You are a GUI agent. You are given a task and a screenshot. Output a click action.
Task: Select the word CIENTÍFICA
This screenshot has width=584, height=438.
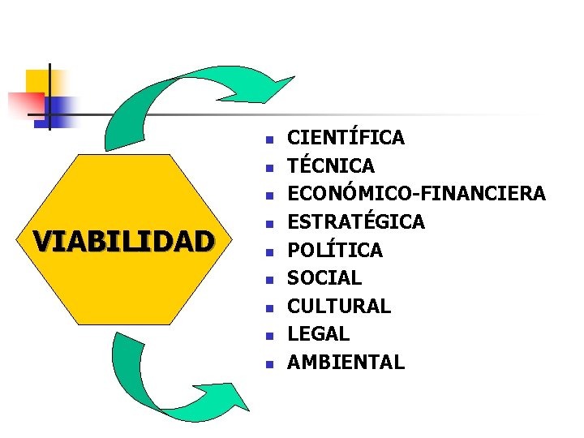346,137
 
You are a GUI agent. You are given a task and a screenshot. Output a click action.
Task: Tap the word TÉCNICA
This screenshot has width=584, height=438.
331,165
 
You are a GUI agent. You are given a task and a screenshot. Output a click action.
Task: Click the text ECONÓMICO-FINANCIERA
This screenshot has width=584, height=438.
416,193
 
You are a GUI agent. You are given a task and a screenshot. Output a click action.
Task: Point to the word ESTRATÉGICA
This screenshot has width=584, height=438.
356,221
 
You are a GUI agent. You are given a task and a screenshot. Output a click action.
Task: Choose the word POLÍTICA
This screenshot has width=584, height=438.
335,250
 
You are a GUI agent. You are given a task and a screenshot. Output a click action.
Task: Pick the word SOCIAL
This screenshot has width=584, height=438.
324,277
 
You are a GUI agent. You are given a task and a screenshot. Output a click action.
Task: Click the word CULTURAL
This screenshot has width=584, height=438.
339,306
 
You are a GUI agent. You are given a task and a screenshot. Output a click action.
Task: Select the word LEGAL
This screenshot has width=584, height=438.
319,333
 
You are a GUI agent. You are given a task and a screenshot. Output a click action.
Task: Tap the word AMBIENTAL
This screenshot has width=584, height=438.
346,362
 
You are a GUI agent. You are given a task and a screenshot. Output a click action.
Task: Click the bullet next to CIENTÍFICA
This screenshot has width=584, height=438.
270,138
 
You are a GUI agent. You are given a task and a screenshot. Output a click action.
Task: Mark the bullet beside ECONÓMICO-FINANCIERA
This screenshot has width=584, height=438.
270,194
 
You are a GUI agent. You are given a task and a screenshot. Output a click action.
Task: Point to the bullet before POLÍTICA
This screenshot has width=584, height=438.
270,251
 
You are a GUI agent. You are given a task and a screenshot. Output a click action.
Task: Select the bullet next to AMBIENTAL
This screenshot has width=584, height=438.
270,363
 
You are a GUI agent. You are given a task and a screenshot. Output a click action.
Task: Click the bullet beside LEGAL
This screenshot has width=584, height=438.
270,334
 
